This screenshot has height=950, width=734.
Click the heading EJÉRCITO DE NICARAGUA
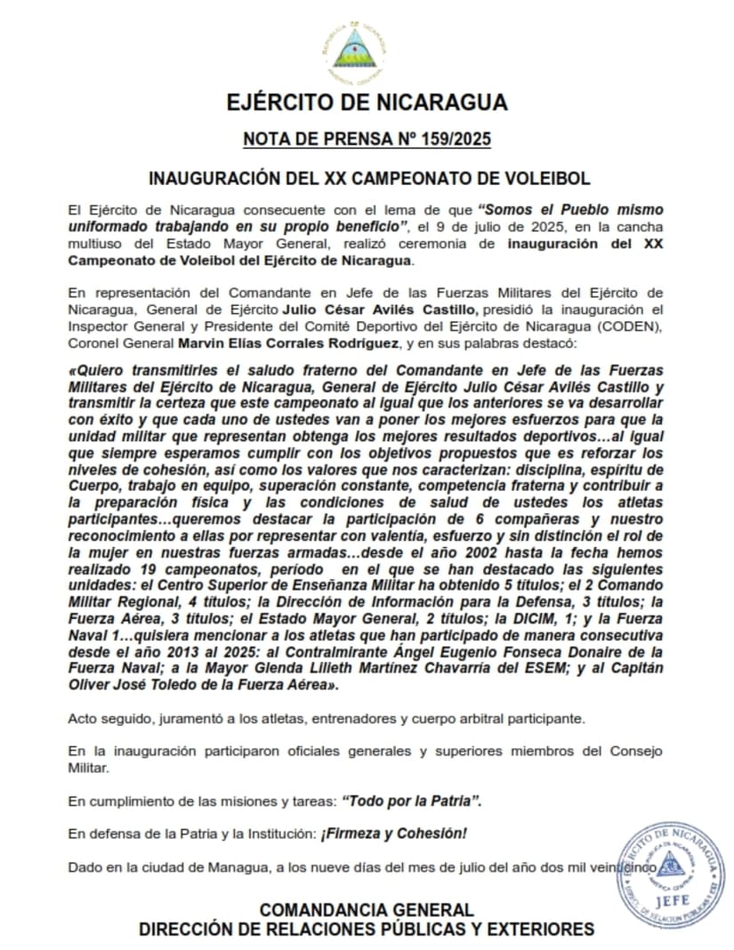click(367, 102)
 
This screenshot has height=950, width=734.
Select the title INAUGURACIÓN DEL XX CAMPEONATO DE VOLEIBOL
click(367, 178)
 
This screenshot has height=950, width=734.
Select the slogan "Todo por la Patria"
click(412, 801)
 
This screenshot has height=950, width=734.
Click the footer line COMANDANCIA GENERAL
click(367, 910)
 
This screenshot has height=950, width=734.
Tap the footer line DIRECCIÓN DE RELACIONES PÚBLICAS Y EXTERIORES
click(367, 930)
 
